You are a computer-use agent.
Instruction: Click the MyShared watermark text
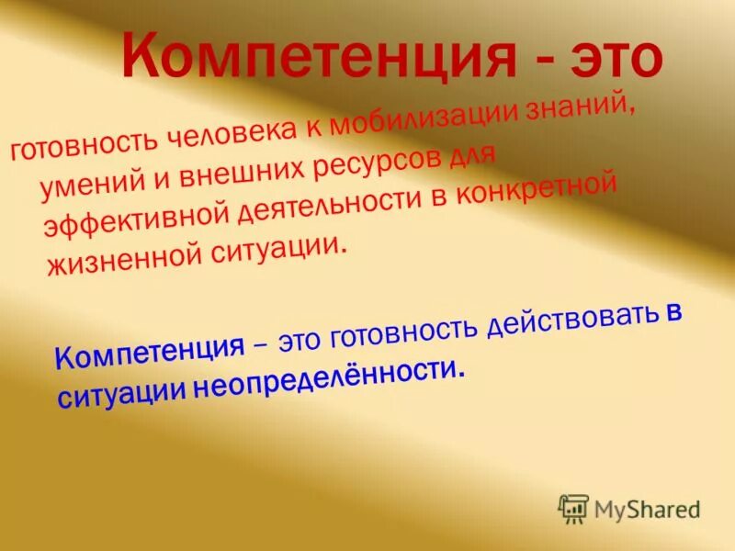click(x=647, y=508)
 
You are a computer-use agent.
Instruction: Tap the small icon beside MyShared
click(x=573, y=508)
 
